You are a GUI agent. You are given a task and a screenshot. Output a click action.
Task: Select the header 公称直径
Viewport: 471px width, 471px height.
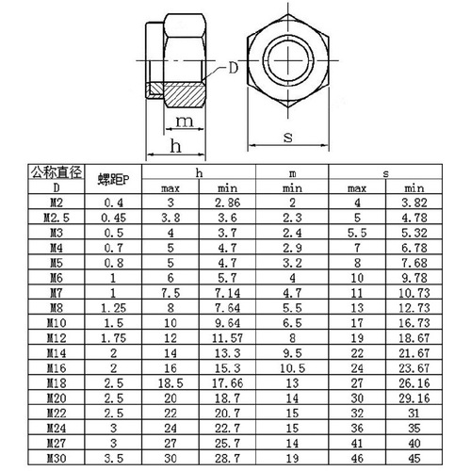point(57,172)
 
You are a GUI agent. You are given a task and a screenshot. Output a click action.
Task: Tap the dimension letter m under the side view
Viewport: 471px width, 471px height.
point(185,121)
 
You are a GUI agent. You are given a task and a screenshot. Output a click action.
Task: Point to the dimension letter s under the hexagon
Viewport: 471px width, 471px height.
point(286,138)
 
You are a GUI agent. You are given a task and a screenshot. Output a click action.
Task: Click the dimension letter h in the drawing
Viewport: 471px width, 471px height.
point(175,147)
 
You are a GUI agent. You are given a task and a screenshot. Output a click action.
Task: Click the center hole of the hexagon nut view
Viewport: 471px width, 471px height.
point(287,60)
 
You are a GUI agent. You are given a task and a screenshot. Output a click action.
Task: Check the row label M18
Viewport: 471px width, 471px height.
point(57,384)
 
